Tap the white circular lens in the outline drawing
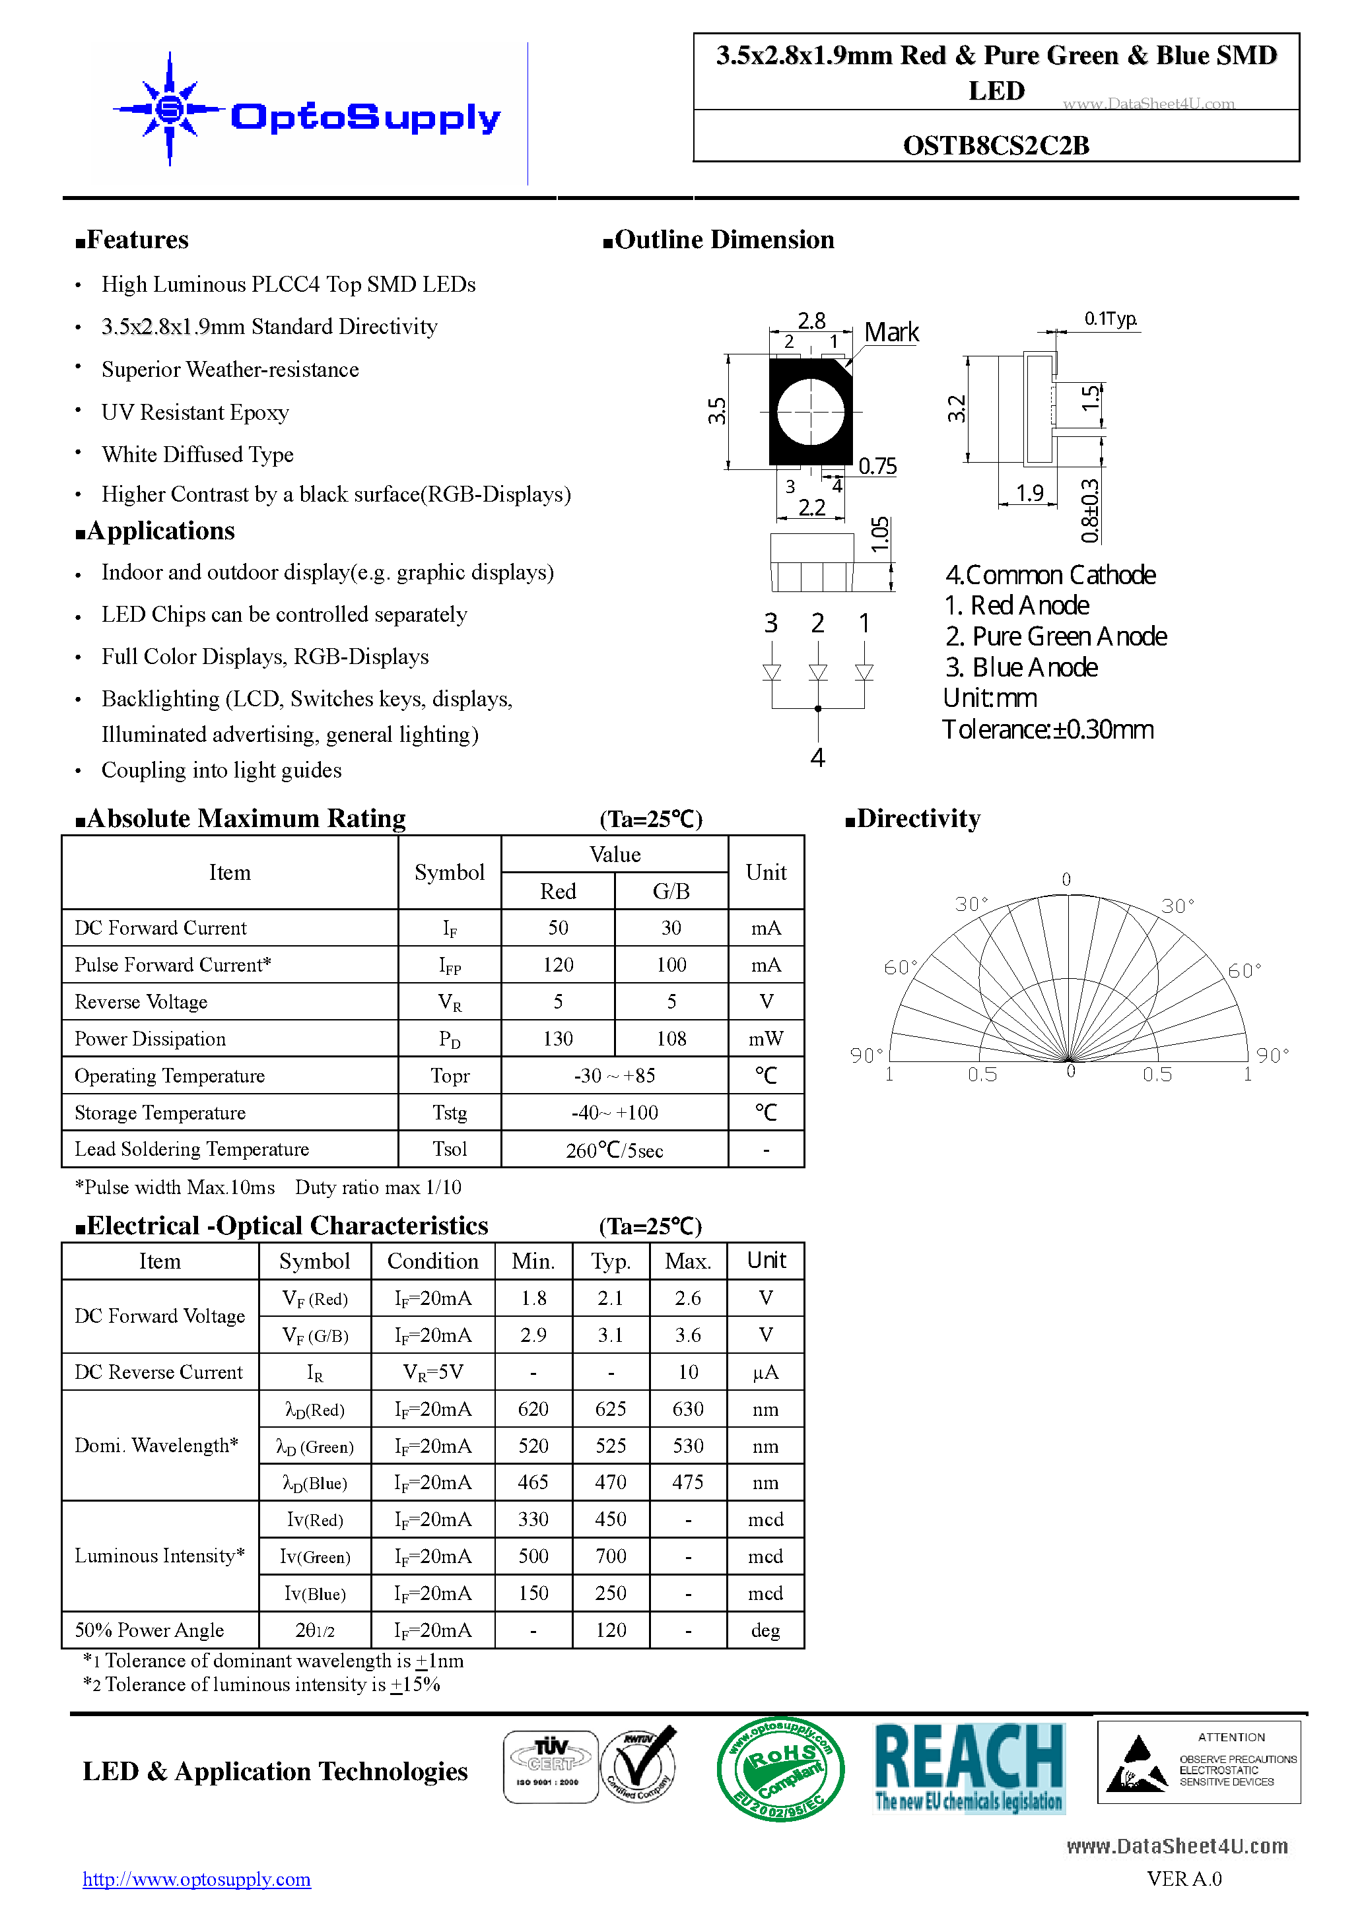click(x=810, y=412)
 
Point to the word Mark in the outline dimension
click(x=891, y=333)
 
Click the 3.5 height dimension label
click(x=716, y=411)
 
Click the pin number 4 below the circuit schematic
click(x=817, y=757)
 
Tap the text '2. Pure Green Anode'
click(x=1056, y=636)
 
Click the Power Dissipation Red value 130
click(x=557, y=1039)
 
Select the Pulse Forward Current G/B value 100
click(x=671, y=965)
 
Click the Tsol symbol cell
click(x=449, y=1149)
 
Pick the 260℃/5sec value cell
click(x=614, y=1150)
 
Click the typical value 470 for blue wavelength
click(x=611, y=1482)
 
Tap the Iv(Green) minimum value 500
click(x=533, y=1557)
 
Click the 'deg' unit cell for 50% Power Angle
click(x=765, y=1631)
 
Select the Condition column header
click(x=432, y=1262)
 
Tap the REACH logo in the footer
click(x=969, y=1767)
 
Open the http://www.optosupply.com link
click(x=197, y=1880)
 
